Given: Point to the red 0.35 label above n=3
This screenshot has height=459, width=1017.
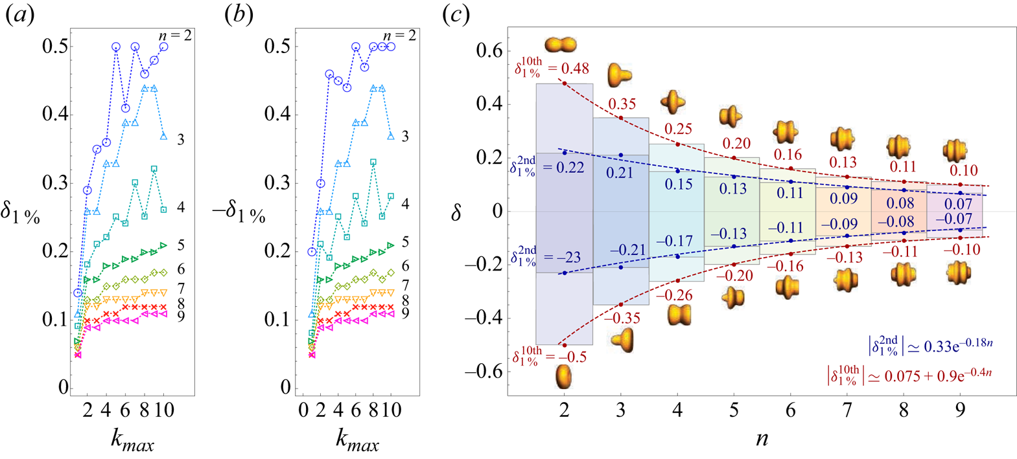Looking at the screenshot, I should [622, 104].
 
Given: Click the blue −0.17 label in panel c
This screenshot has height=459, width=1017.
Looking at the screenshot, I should [673, 241].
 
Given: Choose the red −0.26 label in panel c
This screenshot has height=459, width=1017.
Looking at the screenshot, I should [674, 296].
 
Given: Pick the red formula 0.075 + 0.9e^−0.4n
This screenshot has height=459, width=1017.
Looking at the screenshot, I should [910, 375].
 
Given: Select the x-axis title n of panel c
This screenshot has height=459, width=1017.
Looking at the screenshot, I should [762, 438].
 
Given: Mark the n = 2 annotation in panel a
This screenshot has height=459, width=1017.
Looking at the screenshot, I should [175, 36].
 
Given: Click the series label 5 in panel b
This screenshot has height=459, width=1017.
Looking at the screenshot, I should [405, 242].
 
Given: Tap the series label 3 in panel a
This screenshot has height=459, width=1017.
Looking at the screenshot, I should [181, 140].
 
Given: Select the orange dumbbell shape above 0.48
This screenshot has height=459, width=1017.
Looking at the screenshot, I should [561, 45].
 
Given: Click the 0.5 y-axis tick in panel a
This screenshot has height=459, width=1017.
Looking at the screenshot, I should [56, 47].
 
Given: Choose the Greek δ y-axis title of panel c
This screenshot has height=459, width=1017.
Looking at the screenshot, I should [456, 211].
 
